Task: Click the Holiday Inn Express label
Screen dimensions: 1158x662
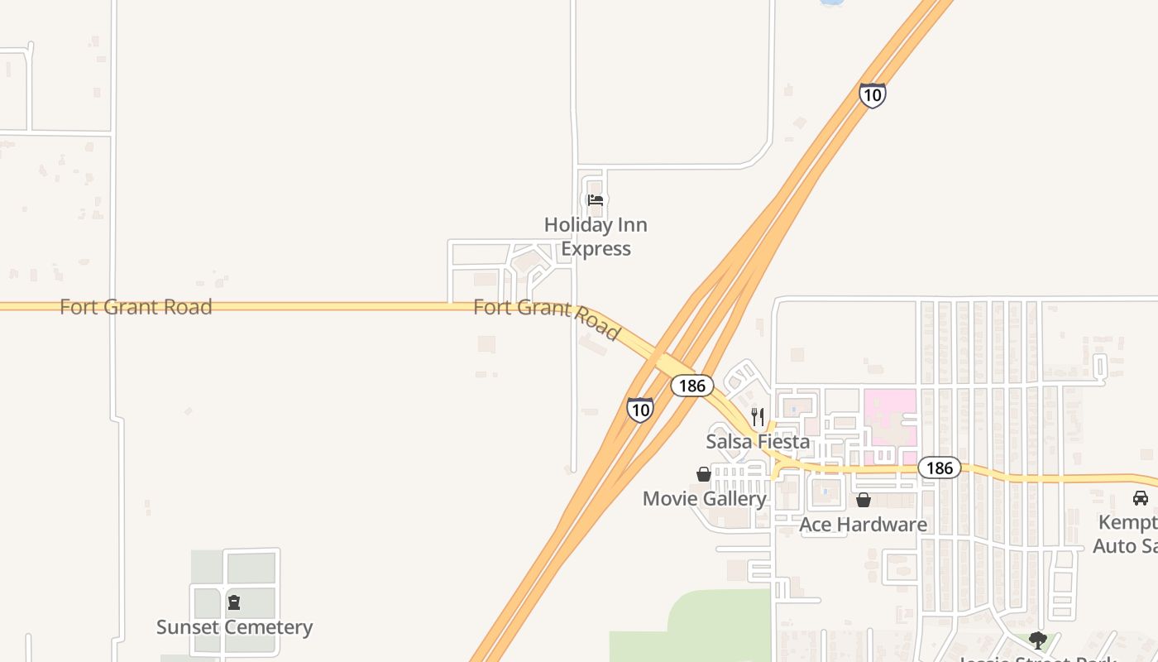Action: click(x=596, y=237)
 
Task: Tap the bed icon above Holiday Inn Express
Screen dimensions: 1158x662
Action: click(x=596, y=200)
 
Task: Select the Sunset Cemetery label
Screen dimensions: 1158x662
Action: click(x=235, y=627)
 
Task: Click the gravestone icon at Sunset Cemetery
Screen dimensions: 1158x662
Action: click(x=234, y=602)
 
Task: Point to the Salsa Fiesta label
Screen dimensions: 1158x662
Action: click(x=758, y=442)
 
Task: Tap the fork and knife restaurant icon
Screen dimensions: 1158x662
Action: click(x=758, y=415)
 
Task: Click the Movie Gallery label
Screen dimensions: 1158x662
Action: click(x=705, y=499)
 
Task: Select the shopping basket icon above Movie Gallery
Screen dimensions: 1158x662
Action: click(x=704, y=474)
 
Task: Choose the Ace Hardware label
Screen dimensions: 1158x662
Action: click(x=863, y=525)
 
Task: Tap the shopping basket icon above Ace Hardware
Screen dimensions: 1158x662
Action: click(x=864, y=500)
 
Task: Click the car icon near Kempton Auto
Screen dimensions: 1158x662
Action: click(x=1141, y=498)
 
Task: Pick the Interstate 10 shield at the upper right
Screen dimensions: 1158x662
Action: click(x=872, y=95)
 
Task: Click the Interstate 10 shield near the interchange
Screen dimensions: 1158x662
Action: click(x=639, y=410)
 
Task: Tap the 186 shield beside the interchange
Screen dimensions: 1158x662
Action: click(x=691, y=385)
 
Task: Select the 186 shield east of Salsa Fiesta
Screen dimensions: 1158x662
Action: click(x=940, y=468)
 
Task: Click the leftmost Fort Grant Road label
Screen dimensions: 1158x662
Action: click(x=136, y=307)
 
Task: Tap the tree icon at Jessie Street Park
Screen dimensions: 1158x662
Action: click(x=1037, y=640)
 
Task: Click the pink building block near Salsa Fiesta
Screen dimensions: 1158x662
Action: click(x=890, y=418)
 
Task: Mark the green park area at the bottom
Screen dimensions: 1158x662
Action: click(x=711, y=625)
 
